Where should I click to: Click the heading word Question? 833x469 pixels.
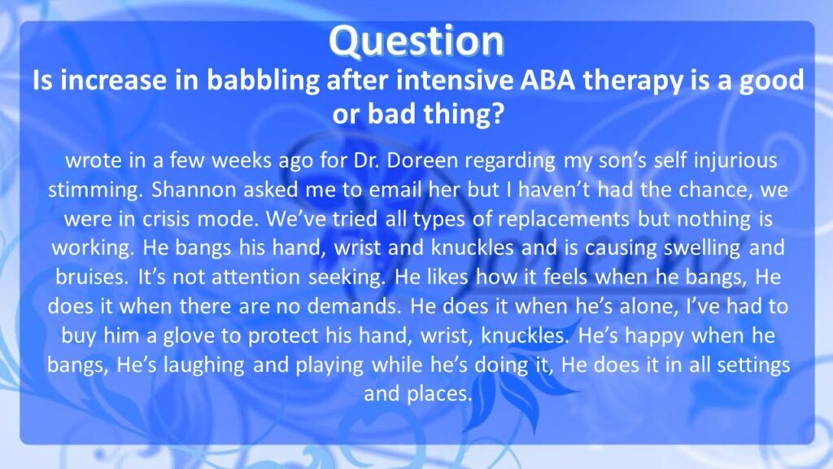click(416, 42)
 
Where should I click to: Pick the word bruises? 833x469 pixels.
click(92, 277)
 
